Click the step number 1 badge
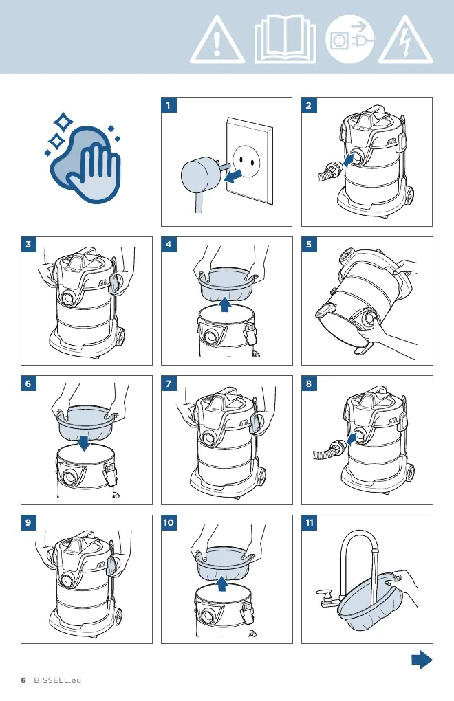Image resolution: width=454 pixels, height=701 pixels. [x=169, y=106]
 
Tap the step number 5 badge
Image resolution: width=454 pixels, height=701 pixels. [x=309, y=245]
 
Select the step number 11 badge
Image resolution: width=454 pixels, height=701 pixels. [x=310, y=522]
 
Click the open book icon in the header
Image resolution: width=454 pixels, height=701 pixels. [x=285, y=39]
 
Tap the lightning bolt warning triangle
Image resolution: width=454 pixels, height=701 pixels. [x=406, y=41]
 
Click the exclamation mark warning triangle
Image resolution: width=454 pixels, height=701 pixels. [x=217, y=41]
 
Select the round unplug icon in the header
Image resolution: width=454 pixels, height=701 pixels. [x=349, y=39]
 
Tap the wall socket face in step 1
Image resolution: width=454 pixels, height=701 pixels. [x=247, y=162]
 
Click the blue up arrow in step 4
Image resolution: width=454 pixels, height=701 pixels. [x=225, y=305]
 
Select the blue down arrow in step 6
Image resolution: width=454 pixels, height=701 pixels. [x=84, y=443]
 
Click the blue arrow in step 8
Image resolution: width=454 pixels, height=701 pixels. [x=352, y=438]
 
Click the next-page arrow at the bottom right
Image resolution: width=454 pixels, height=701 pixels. [x=422, y=660]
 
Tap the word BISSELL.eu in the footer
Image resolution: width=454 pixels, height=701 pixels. [x=58, y=680]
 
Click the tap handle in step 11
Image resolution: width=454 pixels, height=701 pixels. [x=323, y=594]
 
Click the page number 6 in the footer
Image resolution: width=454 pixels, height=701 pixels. [x=23, y=680]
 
